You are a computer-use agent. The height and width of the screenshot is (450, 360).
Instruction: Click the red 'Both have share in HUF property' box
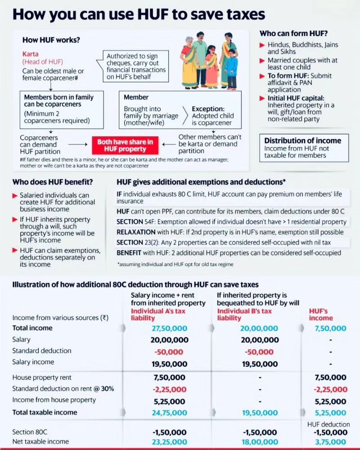pyautogui.click(x=126, y=145)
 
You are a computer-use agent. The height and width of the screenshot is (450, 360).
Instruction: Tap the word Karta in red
pyautogui.click(x=31, y=54)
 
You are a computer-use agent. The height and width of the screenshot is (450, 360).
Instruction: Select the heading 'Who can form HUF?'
pyautogui.click(x=293, y=34)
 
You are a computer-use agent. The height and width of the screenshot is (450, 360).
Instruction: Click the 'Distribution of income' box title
pyautogui.click(x=302, y=140)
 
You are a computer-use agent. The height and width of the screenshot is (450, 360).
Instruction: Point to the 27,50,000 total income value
pyautogui.click(x=169, y=328)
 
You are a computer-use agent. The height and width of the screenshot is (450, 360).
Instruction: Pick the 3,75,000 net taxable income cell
pyautogui.click(x=331, y=442)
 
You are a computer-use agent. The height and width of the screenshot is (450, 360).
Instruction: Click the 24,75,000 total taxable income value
pyautogui.click(x=169, y=412)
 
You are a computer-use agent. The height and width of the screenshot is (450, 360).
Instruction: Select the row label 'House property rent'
pyautogui.click(x=42, y=378)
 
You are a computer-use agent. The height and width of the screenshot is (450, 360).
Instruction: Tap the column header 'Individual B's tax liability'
pyautogui.click(x=244, y=315)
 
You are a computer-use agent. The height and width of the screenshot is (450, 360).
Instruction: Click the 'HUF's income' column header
pyautogui.click(x=321, y=315)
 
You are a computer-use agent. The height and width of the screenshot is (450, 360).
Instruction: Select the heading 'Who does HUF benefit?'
pyautogui.click(x=53, y=182)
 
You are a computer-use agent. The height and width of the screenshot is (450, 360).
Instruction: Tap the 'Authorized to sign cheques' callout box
pyautogui.click(x=136, y=67)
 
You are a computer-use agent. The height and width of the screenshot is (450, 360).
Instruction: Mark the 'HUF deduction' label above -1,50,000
pyautogui.click(x=328, y=424)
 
